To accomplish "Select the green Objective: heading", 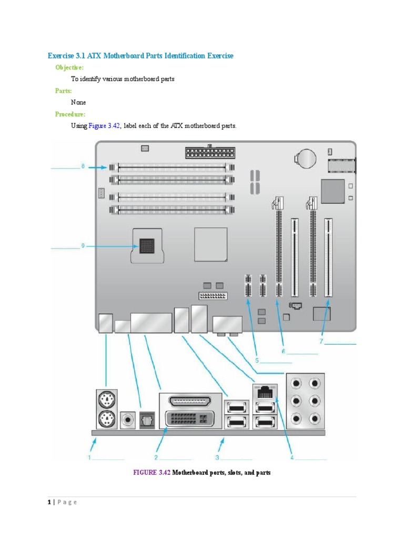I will (69, 67).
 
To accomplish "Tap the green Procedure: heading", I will (70, 114).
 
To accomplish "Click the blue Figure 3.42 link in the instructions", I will (104, 126).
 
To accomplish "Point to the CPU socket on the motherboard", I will (147, 246).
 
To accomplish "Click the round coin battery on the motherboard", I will (306, 156).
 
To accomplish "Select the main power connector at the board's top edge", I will (209, 153).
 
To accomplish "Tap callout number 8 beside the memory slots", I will (83, 167).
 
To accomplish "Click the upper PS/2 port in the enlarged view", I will (107, 401).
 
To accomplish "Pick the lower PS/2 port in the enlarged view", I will (107, 420).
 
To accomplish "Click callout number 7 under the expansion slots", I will (320, 342).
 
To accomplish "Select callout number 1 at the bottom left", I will (90, 458).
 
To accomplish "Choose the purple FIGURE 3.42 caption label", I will (152, 473).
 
